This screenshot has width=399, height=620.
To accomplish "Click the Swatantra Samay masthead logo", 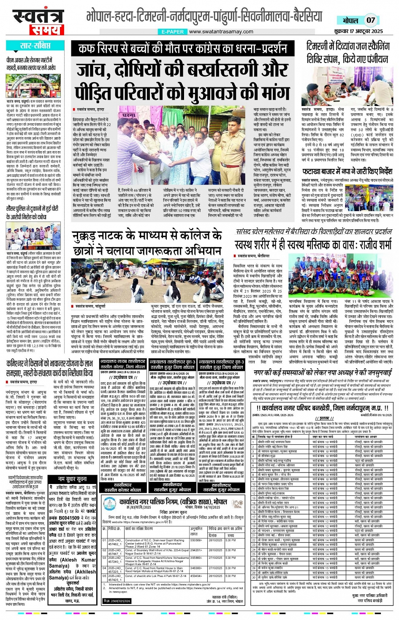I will [x=38, y=21].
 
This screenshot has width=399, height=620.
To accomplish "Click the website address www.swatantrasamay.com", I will [x=221, y=32].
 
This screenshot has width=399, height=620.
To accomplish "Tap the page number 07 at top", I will [x=370, y=20].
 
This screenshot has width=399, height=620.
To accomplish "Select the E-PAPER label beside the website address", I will [x=172, y=32].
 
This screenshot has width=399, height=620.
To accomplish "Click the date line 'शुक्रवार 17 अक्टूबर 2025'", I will [x=358, y=31].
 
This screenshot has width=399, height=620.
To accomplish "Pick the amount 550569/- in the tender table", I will [x=196, y=540].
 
